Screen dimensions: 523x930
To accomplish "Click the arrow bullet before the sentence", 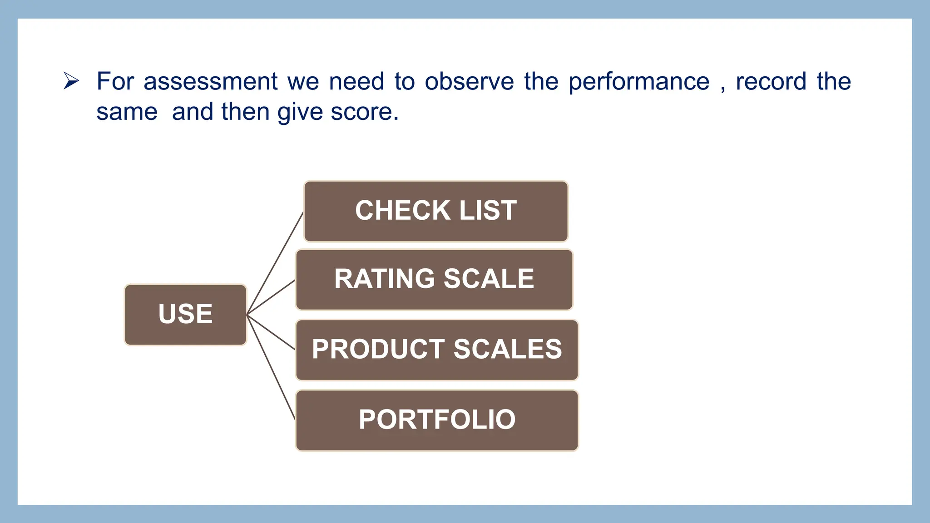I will [x=71, y=81].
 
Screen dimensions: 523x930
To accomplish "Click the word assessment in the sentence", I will [x=210, y=82].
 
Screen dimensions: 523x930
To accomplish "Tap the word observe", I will [x=469, y=82].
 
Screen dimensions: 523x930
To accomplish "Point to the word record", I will [x=771, y=82].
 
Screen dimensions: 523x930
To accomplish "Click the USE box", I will [x=185, y=315].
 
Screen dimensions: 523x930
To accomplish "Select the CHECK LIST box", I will [x=435, y=211].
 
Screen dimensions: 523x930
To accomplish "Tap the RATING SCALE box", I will [x=434, y=280].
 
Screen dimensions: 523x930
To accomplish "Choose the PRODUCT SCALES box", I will [x=436, y=350].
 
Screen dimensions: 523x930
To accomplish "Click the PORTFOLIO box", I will [x=436, y=420].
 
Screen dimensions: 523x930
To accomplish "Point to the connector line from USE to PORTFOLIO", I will [x=271, y=367].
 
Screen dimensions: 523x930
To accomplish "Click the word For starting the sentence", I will [x=115, y=82].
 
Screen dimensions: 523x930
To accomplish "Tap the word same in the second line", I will [x=127, y=112].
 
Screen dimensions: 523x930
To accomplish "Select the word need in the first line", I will [x=356, y=82].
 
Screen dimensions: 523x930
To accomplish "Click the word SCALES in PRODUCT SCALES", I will [x=507, y=350].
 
